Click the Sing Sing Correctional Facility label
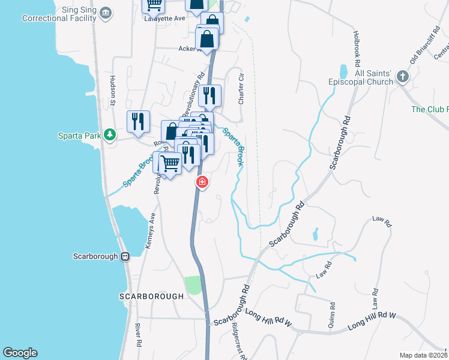[x=59, y=14]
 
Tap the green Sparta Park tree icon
[x=109, y=134]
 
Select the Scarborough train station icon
[x=125, y=256]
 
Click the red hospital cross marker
[x=202, y=181]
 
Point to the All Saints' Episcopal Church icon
[x=402, y=77]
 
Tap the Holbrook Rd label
[x=357, y=49]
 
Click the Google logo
[x=20, y=352]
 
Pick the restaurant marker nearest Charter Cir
[x=209, y=96]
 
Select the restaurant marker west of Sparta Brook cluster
[x=138, y=122]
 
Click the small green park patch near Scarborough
[x=192, y=285]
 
